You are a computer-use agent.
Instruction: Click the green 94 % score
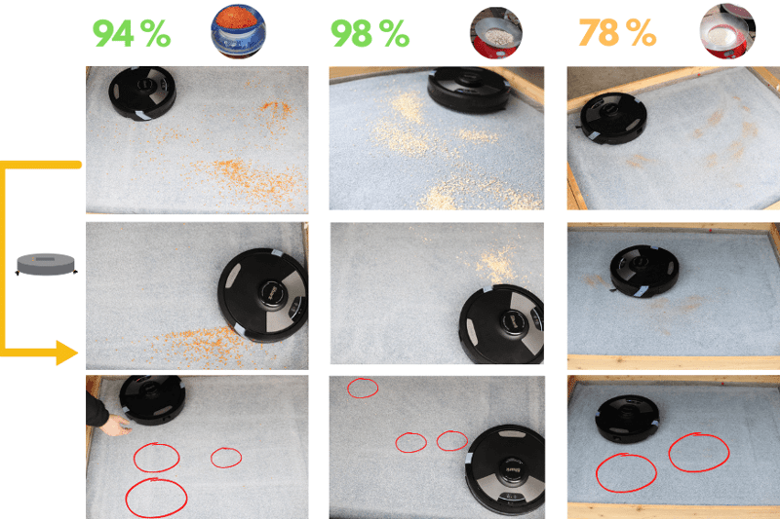(132, 33)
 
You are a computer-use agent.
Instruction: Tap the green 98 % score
(370, 33)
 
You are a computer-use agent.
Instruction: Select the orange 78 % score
(617, 33)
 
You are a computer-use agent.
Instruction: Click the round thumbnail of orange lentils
(238, 31)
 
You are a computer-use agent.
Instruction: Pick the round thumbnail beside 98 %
(496, 33)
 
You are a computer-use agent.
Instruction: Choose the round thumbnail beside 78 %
(727, 31)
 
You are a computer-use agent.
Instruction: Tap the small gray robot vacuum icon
(46, 264)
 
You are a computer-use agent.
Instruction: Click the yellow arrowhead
(67, 353)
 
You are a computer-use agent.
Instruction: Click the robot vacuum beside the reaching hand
(152, 399)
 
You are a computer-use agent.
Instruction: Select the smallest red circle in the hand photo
(226, 458)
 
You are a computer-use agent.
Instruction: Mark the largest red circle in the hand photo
(156, 499)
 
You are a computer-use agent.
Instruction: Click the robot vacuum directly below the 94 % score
(142, 93)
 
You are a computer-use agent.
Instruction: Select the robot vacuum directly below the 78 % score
(613, 118)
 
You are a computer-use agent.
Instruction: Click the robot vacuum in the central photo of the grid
(501, 323)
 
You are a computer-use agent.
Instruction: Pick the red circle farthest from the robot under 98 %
(363, 388)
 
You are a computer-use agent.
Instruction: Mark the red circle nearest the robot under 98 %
(451, 440)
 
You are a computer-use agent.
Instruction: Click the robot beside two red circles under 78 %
(628, 419)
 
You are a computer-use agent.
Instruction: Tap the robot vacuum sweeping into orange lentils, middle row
(262, 295)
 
